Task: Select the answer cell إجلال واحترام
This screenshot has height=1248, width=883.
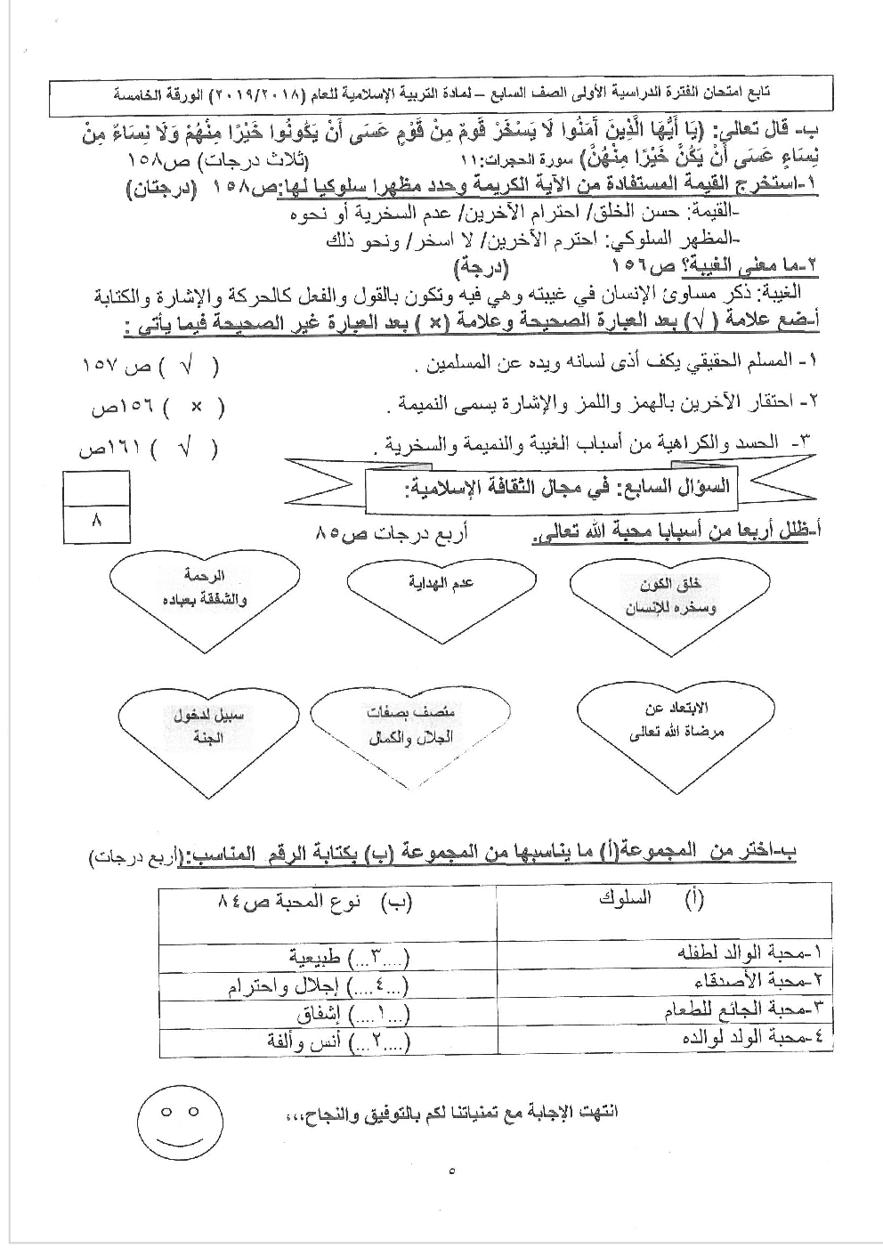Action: coord(284,986)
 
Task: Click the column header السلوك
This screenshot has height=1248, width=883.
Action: coord(626,898)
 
